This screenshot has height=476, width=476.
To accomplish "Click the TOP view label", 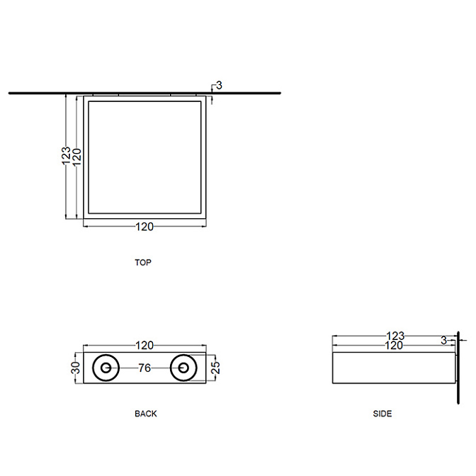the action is [143, 262].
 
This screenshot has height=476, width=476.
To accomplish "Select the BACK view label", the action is [146, 414].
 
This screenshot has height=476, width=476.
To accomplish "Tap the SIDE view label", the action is [382, 414].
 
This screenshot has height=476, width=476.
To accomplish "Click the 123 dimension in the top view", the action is [66, 156].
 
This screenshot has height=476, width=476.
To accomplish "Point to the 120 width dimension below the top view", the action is [144, 227].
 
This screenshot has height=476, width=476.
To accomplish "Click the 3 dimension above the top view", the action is [219, 85].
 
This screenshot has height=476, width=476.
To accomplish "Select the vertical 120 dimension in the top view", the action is [76, 157].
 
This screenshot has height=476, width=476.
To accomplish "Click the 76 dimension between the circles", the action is [144, 368].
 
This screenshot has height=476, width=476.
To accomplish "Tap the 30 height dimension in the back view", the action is [76, 368].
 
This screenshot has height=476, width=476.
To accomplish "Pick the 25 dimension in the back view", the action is [215, 368].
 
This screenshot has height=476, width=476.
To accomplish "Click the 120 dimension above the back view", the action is [144, 346].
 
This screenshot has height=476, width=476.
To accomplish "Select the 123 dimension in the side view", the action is [395, 336].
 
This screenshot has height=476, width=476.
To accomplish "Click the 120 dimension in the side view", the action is [394, 346].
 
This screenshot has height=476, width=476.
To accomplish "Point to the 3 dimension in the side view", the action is [444, 341].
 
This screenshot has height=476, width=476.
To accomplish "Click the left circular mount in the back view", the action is [106, 368].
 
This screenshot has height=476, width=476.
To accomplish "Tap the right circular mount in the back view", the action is [183, 368].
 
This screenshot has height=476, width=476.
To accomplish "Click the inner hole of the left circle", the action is [106, 368].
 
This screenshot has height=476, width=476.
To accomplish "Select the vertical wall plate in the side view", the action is [458, 368].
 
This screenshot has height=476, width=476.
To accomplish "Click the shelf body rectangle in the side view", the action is [394, 368].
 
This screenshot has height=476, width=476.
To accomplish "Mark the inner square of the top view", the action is [144, 157].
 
